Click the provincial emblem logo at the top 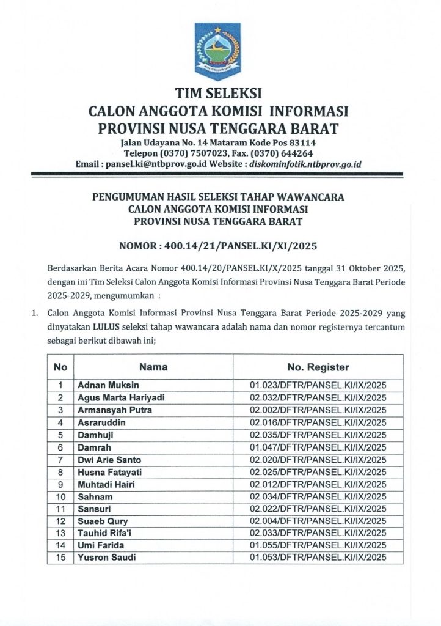[x=218, y=51]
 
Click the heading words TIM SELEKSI [x=218, y=94]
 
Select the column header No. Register [x=318, y=367]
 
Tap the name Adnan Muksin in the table [x=108, y=385]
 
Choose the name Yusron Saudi [x=107, y=558]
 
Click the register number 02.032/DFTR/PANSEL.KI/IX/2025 [x=318, y=397]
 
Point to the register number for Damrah [x=318, y=447]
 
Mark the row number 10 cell [x=60, y=496]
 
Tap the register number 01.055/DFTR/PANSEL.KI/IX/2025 [x=318, y=545]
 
